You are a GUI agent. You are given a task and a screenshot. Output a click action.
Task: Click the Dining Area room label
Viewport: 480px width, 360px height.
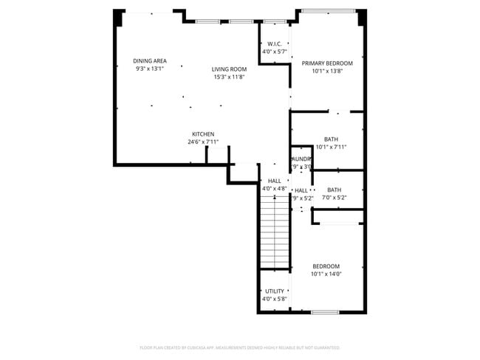point(149,61)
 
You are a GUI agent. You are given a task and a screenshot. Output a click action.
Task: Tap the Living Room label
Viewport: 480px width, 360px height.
point(230,69)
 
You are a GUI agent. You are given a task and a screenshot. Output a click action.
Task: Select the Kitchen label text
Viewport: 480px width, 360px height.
point(203,134)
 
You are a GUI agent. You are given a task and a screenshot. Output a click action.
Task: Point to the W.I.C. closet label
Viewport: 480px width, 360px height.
point(274,44)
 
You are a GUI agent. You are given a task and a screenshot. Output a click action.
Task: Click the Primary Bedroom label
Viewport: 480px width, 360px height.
point(327,63)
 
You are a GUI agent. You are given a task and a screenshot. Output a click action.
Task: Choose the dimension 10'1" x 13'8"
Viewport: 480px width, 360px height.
point(327,72)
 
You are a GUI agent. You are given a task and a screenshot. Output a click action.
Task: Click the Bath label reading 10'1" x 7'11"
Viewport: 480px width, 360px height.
point(331,139)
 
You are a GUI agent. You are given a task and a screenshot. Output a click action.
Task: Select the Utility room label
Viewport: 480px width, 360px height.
point(274,291)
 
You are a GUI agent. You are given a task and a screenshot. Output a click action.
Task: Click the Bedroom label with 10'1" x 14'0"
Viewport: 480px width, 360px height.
point(326,266)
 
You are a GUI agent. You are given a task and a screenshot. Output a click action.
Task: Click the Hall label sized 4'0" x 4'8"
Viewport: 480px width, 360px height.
point(274,181)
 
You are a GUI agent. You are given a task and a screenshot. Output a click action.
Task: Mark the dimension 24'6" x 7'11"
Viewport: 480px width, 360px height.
point(203,142)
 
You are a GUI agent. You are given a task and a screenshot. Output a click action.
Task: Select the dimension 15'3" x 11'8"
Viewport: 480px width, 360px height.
point(230,77)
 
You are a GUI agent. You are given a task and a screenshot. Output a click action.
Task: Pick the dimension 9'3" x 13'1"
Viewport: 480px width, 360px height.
point(149,69)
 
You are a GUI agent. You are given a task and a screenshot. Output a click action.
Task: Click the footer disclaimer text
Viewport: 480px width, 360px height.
point(240,347)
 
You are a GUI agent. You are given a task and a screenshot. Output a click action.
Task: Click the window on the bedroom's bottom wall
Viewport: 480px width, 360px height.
point(325,312)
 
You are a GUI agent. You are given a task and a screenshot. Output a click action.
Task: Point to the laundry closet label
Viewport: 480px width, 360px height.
point(301,159)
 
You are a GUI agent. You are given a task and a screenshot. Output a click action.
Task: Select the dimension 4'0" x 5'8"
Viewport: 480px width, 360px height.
point(274,300)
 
